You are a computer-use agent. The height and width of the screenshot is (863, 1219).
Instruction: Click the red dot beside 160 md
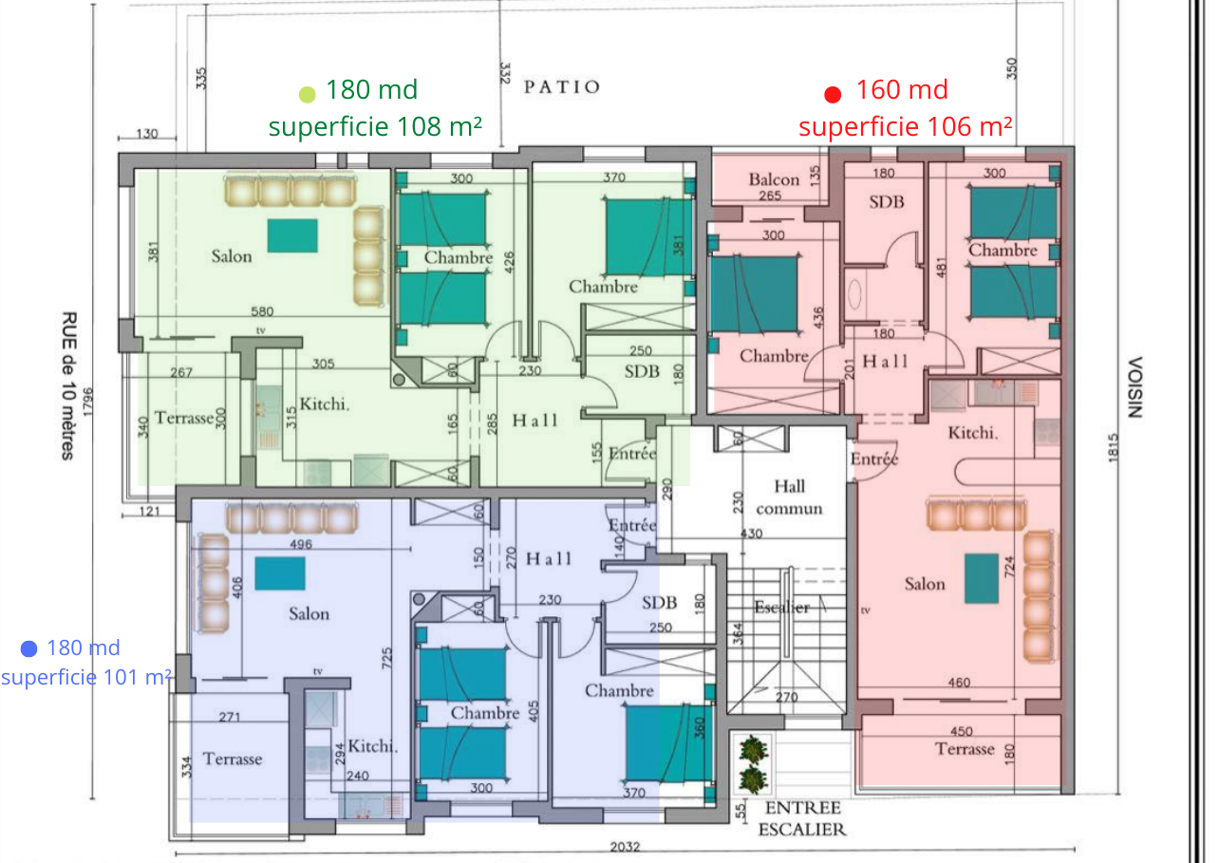[x=833, y=94]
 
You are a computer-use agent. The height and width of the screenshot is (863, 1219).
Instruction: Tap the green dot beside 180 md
[x=307, y=94]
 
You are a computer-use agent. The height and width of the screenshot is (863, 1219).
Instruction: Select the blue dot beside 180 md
[x=28, y=648]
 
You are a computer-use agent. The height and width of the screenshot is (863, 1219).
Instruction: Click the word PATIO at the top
[x=562, y=87]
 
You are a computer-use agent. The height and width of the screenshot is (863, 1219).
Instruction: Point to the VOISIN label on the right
[x=1134, y=387]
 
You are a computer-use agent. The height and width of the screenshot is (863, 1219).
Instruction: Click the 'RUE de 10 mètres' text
[x=68, y=385]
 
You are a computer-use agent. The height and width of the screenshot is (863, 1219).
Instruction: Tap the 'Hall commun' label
[x=789, y=497]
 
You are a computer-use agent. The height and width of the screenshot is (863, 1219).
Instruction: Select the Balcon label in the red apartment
[x=774, y=179]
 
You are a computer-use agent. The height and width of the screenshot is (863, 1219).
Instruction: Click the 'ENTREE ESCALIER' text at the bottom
[x=802, y=818]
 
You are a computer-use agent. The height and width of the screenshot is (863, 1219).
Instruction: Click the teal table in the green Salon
[x=291, y=235]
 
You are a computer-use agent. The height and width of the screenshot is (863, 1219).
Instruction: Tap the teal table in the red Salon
[x=982, y=578]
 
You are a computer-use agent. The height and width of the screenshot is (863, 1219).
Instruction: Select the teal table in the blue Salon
[x=280, y=573]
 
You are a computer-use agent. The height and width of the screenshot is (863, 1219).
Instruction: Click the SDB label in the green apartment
[x=642, y=371]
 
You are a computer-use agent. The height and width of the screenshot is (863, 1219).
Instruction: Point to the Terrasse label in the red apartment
[x=965, y=749]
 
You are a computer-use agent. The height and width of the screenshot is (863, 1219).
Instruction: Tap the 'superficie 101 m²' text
[x=85, y=677]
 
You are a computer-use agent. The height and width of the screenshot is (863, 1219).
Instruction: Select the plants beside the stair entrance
[x=753, y=764]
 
